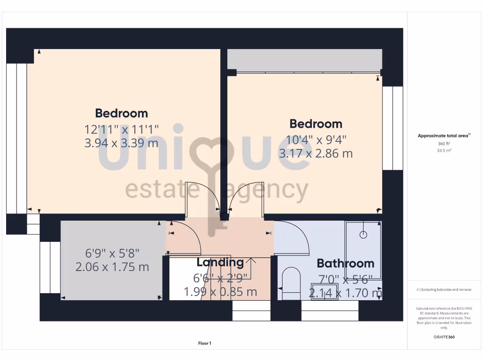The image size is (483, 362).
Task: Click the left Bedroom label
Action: [x=121, y=113]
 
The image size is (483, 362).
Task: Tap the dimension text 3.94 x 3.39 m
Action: [x=121, y=143]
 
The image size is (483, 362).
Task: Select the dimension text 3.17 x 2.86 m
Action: [x=316, y=153]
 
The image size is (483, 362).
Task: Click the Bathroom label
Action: [x=345, y=263]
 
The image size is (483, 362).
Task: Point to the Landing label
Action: [x=220, y=263]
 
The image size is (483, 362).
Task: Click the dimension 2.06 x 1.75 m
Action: [x=112, y=267]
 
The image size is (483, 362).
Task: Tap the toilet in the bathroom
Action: [x=291, y=283]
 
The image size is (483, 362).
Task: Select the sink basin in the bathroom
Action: [x=325, y=291]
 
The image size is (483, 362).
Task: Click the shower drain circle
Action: [x=363, y=234]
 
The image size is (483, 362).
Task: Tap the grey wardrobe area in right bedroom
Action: [x=304, y=60]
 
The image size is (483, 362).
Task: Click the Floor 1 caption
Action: [x=205, y=344]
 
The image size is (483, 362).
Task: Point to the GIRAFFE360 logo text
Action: [x=443, y=337]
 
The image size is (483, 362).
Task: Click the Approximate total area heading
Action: [x=443, y=136]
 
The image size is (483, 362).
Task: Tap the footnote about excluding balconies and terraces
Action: [x=443, y=289]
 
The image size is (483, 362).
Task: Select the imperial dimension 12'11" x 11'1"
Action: [x=121, y=129]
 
